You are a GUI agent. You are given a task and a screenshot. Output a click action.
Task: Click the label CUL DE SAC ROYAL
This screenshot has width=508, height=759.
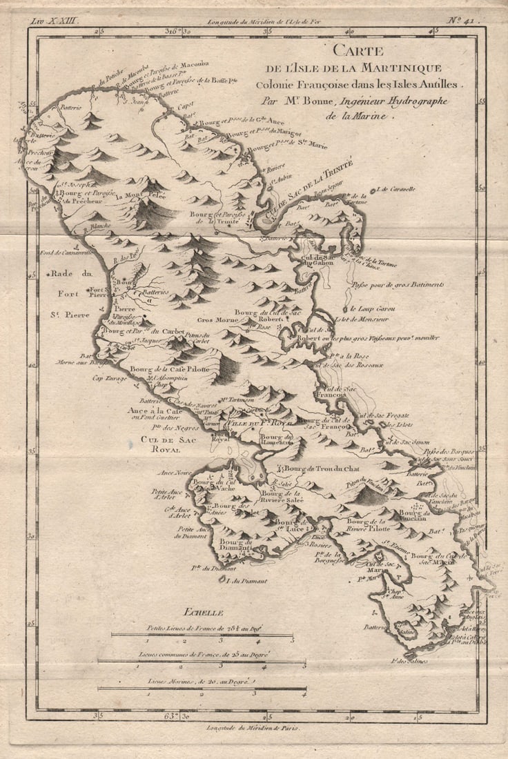[150, 444]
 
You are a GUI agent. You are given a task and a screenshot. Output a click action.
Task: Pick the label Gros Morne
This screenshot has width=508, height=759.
[218, 320]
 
